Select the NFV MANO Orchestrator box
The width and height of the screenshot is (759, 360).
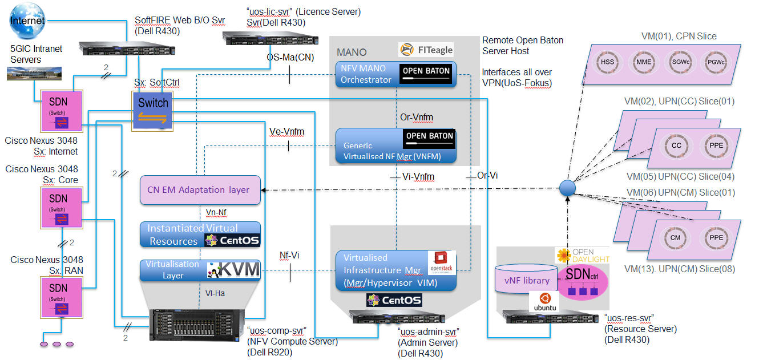[x=395, y=74]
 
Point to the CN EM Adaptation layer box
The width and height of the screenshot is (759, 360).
[x=200, y=189]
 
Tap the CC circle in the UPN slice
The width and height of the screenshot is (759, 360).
[x=676, y=145]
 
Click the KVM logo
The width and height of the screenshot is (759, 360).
[x=233, y=270]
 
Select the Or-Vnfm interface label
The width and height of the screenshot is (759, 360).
[x=417, y=118]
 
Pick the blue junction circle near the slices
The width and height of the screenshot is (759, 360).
[x=567, y=188]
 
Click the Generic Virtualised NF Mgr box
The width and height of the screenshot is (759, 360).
[x=395, y=146]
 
